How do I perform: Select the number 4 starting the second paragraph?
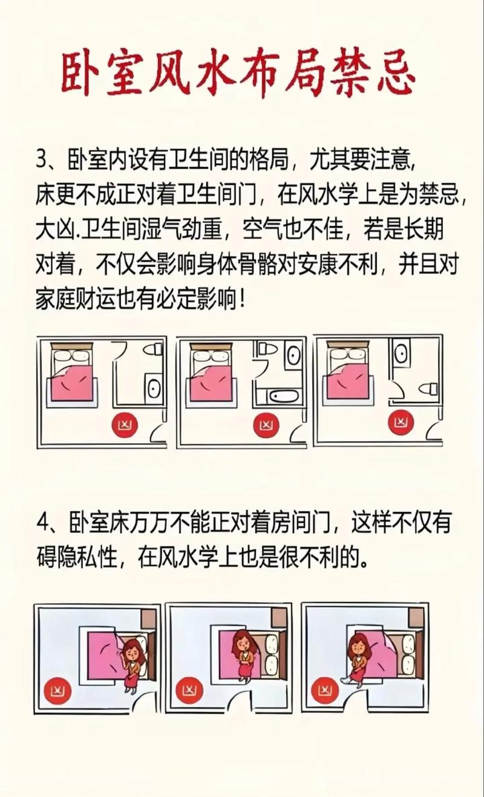coord(42,523)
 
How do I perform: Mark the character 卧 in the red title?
coord(87,74)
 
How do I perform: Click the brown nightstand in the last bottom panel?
coord(416,618)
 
